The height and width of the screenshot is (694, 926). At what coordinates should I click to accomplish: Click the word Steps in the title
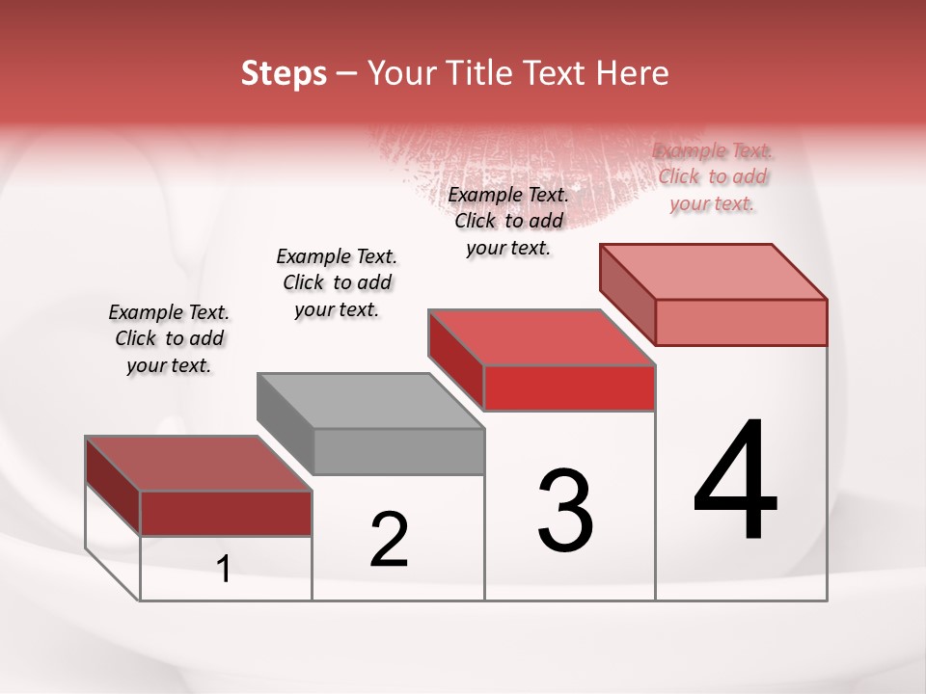[x=284, y=73]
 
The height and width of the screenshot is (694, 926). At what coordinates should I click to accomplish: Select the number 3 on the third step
[x=565, y=510]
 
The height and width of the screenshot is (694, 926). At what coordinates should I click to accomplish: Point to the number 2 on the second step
[x=389, y=539]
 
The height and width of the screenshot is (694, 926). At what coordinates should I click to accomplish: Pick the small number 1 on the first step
[x=224, y=569]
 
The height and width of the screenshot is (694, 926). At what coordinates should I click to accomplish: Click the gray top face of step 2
[x=370, y=400]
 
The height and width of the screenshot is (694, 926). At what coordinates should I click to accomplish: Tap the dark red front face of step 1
[x=226, y=513]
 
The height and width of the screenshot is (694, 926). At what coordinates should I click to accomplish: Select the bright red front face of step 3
[x=569, y=387]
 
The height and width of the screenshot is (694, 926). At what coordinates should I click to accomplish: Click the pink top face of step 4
[x=714, y=271]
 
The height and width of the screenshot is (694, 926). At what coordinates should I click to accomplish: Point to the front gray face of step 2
[x=398, y=451]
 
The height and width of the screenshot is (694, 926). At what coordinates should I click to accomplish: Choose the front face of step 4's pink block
[x=741, y=321]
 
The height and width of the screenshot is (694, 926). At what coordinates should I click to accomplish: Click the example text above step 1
[x=169, y=338]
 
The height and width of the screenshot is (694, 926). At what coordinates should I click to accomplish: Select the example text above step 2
[x=337, y=282]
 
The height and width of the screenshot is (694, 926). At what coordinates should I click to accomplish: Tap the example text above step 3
[x=508, y=221]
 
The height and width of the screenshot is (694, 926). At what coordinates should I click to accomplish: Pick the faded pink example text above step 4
[x=713, y=176]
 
